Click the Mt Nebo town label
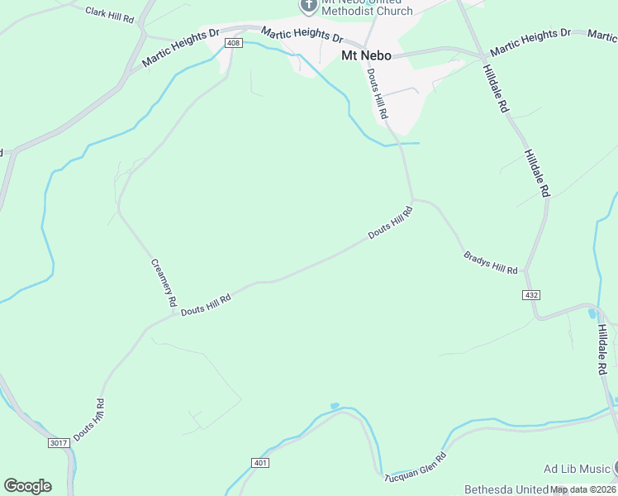click(x=366, y=56)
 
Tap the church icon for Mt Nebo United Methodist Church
click(x=308, y=7)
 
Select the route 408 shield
click(x=233, y=43)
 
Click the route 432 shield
click(x=531, y=294)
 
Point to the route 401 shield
click(x=261, y=462)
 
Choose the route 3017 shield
click(x=58, y=443)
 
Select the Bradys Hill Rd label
click(x=491, y=264)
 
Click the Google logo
click(x=27, y=485)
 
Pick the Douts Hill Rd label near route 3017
click(x=89, y=419)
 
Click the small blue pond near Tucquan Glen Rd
click(x=334, y=406)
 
